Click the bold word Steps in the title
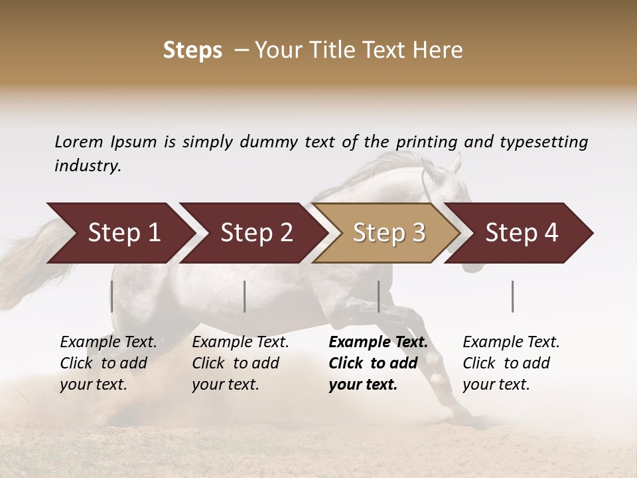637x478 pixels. coord(192,50)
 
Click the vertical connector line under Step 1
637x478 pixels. coord(112,296)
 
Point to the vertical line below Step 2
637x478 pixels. coord(245,296)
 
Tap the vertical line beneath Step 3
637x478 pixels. coord(378,296)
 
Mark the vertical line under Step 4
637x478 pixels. coord(513,296)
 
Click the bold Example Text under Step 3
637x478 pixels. coord(378,343)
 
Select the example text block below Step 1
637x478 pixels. coord(108,363)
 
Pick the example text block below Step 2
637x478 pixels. coord(240,363)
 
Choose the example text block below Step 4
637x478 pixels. coord(511,363)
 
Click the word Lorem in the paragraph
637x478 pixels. coord(79,141)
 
